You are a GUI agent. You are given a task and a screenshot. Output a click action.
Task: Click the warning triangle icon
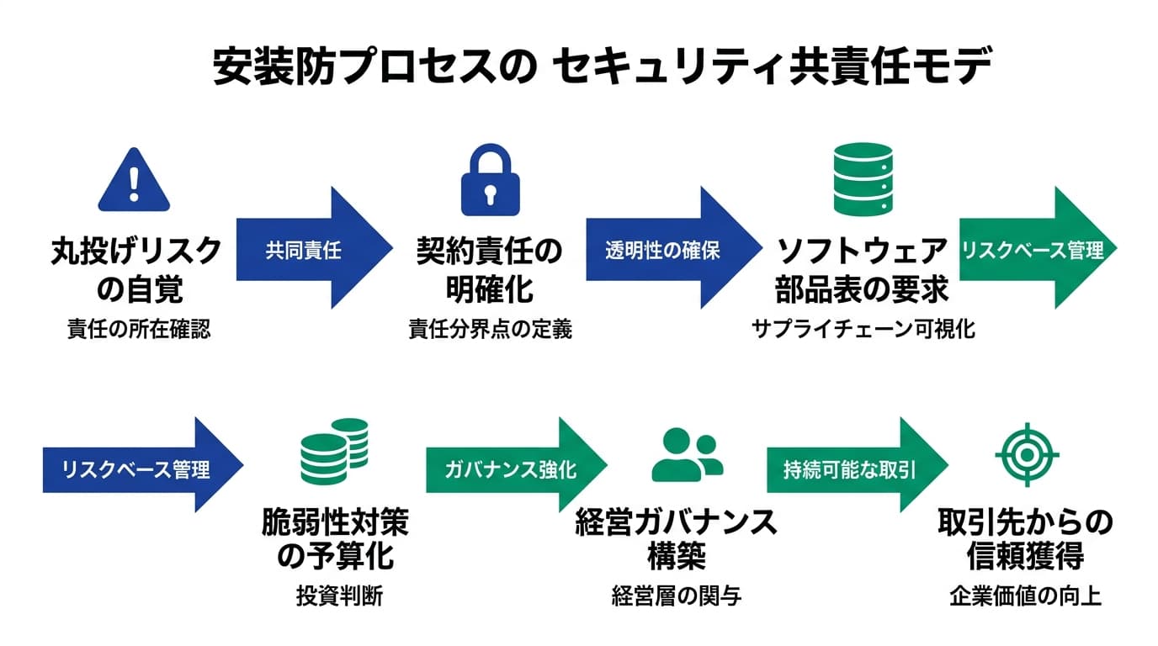tap(134, 181)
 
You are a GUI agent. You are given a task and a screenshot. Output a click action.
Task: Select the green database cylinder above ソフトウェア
tap(862, 178)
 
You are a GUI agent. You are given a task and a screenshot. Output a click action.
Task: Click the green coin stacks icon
tap(335, 451)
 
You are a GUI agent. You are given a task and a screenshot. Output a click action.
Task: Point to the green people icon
tap(687, 454)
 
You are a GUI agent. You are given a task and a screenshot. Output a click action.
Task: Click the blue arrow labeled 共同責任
tap(311, 250)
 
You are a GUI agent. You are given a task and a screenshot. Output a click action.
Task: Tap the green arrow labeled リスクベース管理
tap(1037, 250)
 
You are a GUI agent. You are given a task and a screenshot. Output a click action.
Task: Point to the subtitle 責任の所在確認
tap(139, 329)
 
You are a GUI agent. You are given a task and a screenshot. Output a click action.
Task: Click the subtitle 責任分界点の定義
tap(490, 329)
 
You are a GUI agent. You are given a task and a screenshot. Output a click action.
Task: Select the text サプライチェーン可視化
tap(863, 329)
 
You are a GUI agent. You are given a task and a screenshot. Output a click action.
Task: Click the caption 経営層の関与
tap(677, 596)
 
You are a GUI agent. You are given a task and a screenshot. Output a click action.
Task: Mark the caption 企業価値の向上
tap(1025, 596)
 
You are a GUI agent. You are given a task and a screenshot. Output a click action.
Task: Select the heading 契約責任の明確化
tap(489, 269)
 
